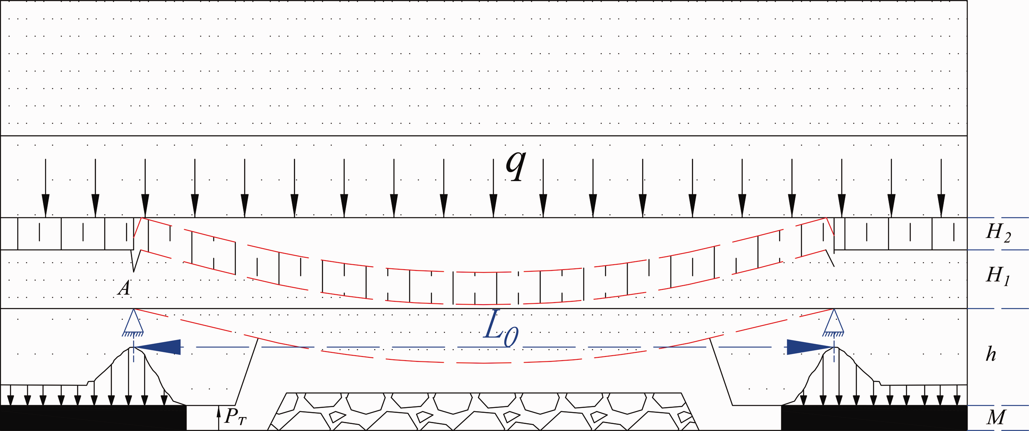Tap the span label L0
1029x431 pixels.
(x=501, y=329)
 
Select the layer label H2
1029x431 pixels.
(x=998, y=233)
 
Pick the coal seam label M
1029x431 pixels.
(x=996, y=417)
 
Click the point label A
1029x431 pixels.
(x=124, y=288)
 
